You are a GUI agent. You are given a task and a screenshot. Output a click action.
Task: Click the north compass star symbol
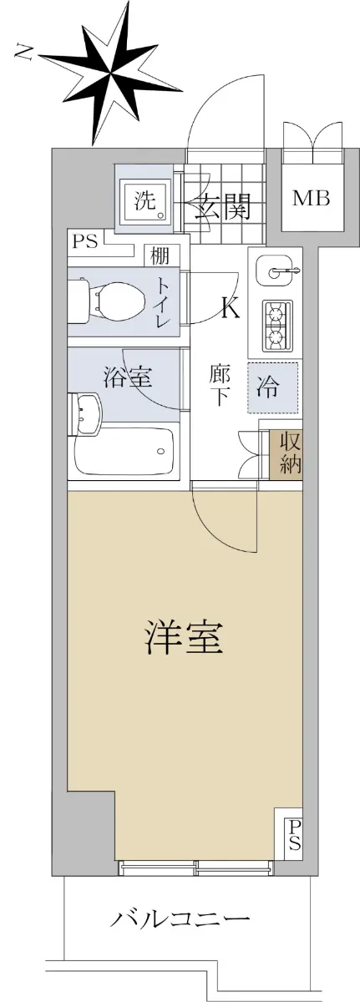(x=110, y=73)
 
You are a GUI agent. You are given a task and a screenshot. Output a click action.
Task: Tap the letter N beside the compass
(x=24, y=52)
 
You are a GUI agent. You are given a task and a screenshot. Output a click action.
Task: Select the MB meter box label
(x=312, y=197)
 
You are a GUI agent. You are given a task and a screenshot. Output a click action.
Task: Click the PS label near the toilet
(x=85, y=241)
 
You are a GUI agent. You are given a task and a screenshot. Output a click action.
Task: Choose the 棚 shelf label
(x=160, y=257)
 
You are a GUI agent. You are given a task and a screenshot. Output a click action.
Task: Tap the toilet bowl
(x=117, y=301)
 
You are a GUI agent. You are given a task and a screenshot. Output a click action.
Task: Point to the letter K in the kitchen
(x=231, y=307)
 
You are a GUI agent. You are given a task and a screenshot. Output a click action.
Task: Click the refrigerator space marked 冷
(x=272, y=387)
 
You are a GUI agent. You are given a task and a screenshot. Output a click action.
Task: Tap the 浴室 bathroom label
(x=128, y=377)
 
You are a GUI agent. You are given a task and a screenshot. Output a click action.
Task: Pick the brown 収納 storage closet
(x=286, y=454)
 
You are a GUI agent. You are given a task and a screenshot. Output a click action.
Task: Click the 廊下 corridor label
(x=219, y=386)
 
